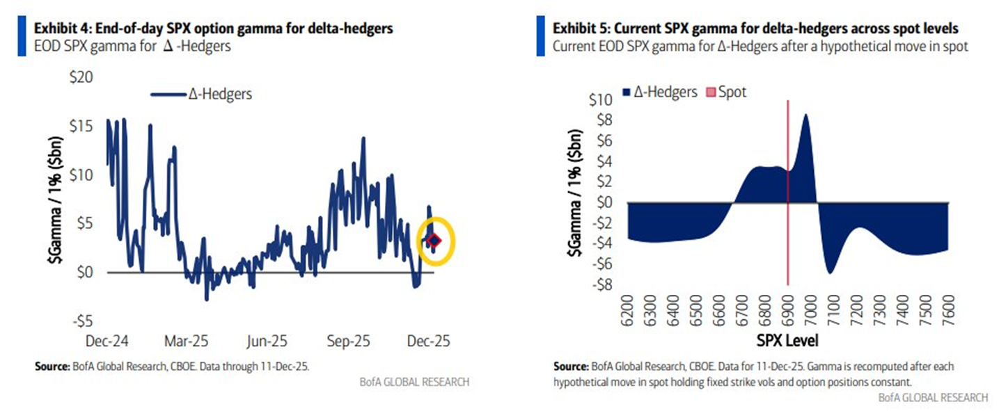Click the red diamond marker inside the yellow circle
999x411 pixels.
tap(434, 241)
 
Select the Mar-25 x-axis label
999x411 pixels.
tap(185, 341)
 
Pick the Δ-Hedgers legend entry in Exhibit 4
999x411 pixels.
tap(202, 95)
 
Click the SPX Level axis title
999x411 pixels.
tap(787, 341)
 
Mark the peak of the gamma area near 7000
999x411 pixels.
tap(805, 115)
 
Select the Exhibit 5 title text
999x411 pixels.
tap(756, 29)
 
